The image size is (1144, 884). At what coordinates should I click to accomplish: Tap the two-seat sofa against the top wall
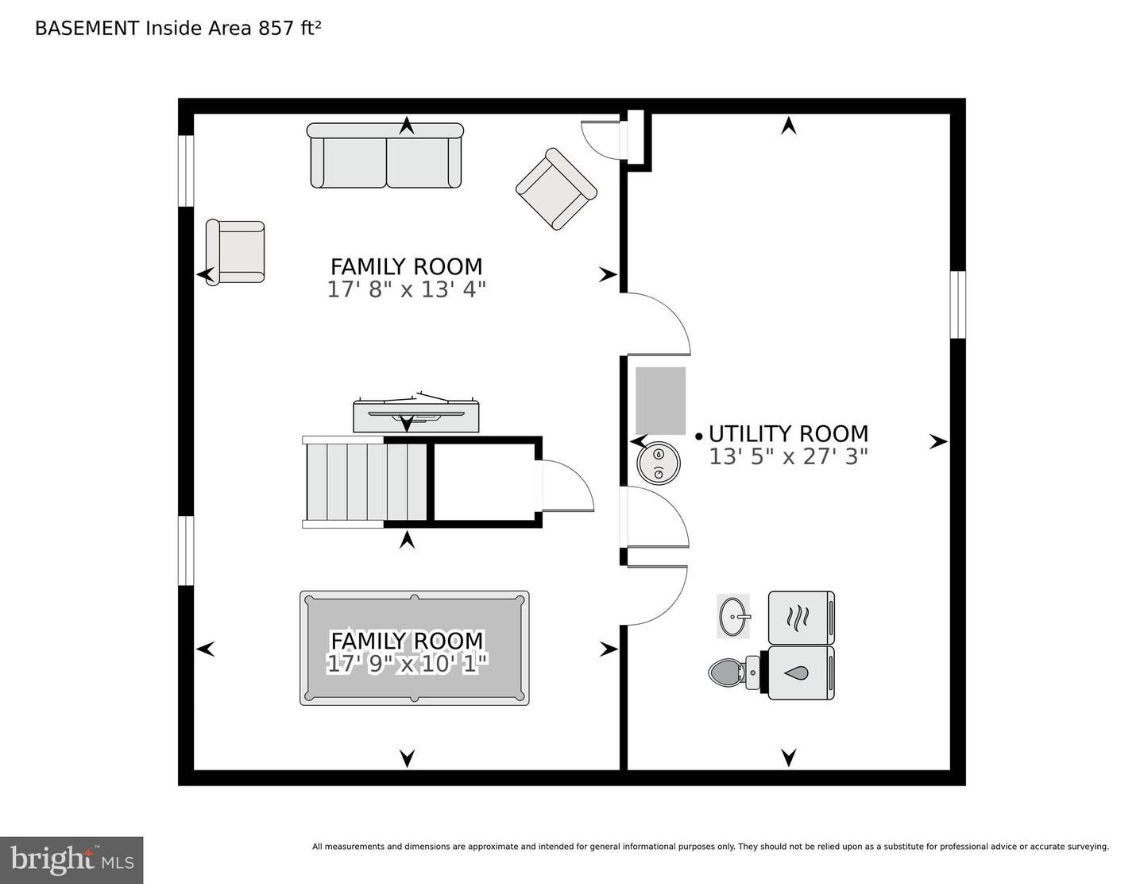(x=385, y=156)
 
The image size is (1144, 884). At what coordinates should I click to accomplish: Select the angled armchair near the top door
(x=556, y=189)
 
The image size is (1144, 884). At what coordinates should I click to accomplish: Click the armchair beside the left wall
(x=235, y=252)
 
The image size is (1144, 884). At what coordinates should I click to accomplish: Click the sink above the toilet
(x=733, y=615)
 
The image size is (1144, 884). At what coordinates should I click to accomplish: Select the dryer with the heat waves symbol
(x=801, y=617)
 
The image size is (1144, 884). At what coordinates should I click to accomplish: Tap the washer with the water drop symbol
(x=801, y=673)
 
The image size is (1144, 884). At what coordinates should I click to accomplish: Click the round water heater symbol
(x=658, y=463)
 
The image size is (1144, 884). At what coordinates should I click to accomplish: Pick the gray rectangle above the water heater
(x=660, y=401)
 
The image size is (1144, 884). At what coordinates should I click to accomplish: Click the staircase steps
(x=366, y=482)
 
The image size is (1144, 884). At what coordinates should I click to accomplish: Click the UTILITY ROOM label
(x=788, y=434)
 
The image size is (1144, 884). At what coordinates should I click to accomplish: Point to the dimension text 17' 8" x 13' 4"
(x=406, y=289)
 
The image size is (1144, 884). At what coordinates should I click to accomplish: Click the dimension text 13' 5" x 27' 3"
(x=788, y=457)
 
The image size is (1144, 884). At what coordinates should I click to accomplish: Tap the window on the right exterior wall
(x=958, y=304)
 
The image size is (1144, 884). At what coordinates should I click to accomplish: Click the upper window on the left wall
(x=186, y=171)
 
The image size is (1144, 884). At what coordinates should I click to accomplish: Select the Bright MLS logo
(x=71, y=860)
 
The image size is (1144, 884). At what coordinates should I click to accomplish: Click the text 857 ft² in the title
(x=289, y=29)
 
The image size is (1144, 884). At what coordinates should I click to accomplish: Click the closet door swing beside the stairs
(x=568, y=485)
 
